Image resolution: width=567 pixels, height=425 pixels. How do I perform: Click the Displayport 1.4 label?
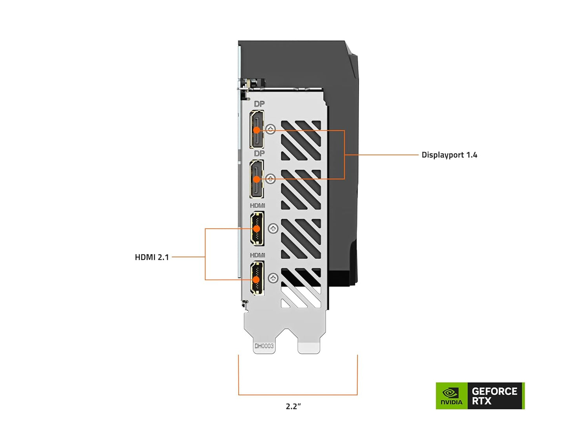[449, 155]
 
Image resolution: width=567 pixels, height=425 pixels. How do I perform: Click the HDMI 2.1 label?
[151, 257]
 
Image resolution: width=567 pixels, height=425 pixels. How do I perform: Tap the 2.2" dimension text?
[293, 406]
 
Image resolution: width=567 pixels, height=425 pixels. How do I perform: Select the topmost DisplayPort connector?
[257, 129]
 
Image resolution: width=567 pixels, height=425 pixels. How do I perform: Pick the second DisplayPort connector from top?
[257, 179]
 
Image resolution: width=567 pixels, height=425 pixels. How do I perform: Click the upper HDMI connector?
[257, 229]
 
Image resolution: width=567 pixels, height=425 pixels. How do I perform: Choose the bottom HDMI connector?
[257, 279]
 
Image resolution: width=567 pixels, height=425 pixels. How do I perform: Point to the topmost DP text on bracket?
[259, 104]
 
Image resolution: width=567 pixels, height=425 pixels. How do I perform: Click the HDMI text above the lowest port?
[257, 255]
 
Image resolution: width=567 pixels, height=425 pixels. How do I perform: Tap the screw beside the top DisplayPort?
[271, 129]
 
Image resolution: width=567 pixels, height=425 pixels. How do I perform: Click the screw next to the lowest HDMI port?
[273, 278]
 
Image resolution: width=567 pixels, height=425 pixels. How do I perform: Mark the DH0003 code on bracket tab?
[264, 346]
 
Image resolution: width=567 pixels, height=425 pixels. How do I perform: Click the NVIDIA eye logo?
[451, 393]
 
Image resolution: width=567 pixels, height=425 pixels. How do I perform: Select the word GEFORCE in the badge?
[494, 391]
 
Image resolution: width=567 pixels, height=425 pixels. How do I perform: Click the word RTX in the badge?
[481, 401]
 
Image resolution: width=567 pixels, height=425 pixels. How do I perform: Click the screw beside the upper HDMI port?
[273, 229]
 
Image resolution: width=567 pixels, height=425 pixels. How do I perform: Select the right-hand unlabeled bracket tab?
[309, 347]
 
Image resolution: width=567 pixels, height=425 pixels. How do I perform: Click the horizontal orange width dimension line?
[298, 394]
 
